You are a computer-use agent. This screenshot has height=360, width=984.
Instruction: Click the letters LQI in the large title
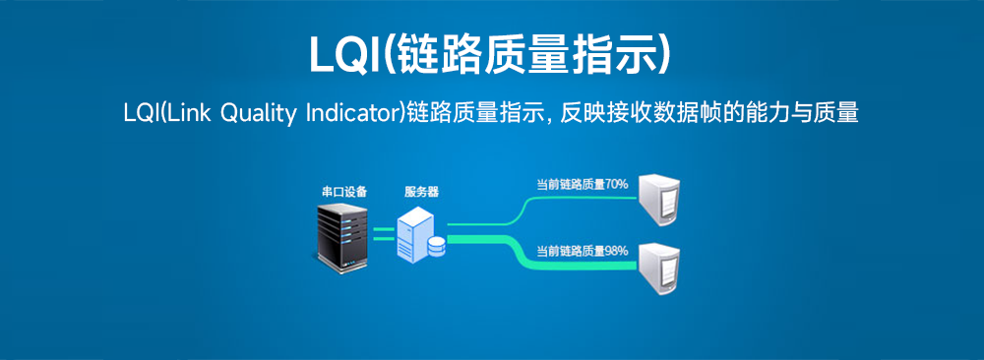tap(343, 55)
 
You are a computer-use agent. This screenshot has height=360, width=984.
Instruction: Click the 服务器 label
tap(421, 192)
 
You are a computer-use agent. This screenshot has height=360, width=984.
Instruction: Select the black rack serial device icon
tap(340, 233)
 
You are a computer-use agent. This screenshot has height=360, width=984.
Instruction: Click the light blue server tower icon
tap(416, 233)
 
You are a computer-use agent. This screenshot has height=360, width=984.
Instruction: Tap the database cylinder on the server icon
tap(435, 246)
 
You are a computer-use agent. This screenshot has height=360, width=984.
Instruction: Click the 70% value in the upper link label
tap(617, 184)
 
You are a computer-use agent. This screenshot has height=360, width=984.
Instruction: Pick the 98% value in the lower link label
tap(617, 251)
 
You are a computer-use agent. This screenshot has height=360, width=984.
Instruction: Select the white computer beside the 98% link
tap(658, 268)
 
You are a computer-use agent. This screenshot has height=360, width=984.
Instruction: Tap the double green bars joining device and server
tap(383, 232)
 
